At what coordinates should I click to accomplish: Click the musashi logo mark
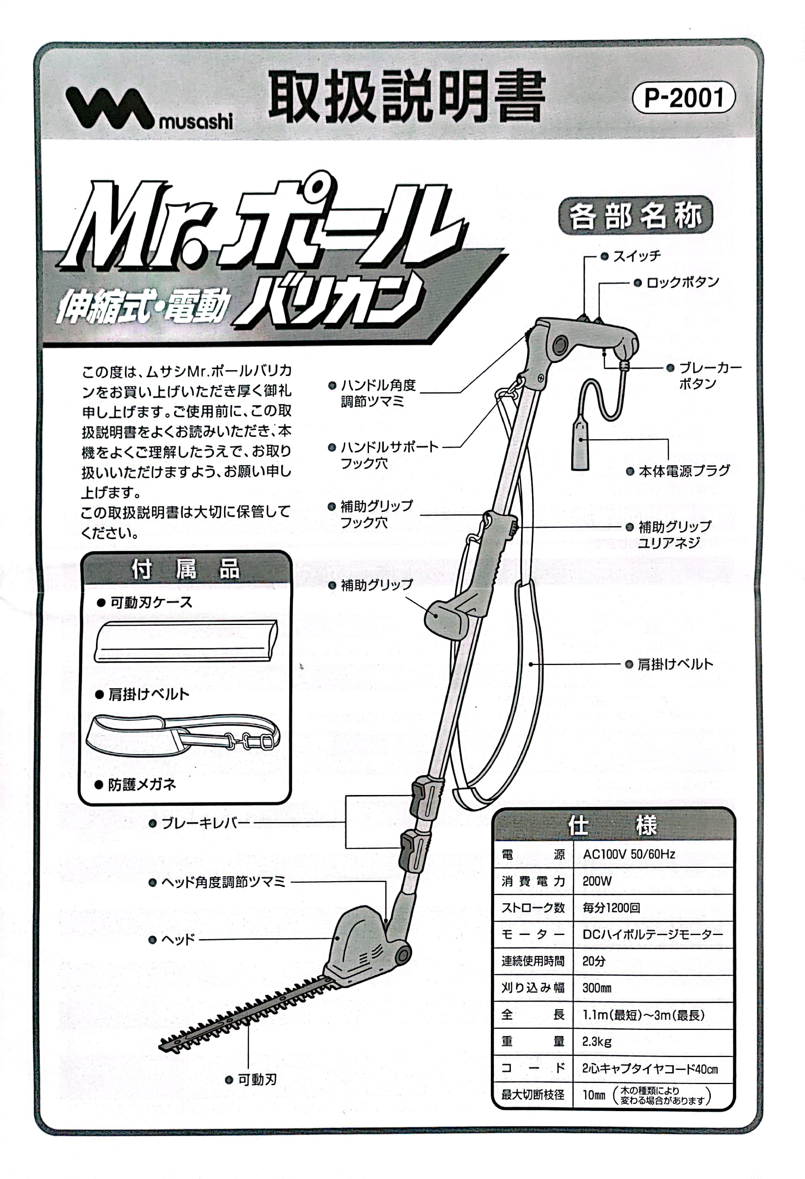109,108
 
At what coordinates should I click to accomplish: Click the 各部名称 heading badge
635,215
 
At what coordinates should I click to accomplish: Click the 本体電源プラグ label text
684,471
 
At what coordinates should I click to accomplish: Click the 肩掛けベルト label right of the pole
675,664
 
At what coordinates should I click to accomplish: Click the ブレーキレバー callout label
205,823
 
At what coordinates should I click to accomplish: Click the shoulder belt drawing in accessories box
183,734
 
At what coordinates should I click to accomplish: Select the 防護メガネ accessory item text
142,785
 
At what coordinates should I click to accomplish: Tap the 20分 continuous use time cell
594,961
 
